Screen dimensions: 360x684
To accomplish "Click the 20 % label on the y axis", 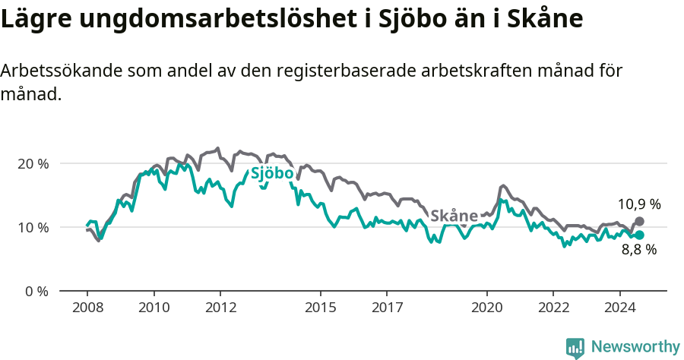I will tap(33, 163).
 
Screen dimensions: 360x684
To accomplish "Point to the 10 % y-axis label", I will tap(33, 227).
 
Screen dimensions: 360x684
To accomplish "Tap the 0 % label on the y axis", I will tap(36, 291).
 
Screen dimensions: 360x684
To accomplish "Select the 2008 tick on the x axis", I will tap(87, 308).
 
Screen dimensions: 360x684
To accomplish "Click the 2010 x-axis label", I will tap(154, 308).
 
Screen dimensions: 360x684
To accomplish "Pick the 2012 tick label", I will tap(220, 308).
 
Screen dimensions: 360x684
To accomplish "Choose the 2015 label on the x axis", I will tap(320, 308).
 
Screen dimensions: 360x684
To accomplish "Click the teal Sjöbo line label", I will tap(272, 174).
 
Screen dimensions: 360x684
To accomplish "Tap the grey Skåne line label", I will tap(454, 215).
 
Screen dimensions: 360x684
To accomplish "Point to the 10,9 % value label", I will tap(638, 204).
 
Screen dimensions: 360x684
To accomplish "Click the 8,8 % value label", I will tap(638, 250).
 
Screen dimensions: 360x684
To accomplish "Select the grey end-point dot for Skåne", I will tap(639, 221).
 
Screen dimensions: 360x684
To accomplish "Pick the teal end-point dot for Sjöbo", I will tap(639, 235).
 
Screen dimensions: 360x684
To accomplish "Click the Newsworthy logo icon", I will tap(575, 348).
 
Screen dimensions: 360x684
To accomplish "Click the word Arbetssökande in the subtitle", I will tap(61, 71).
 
